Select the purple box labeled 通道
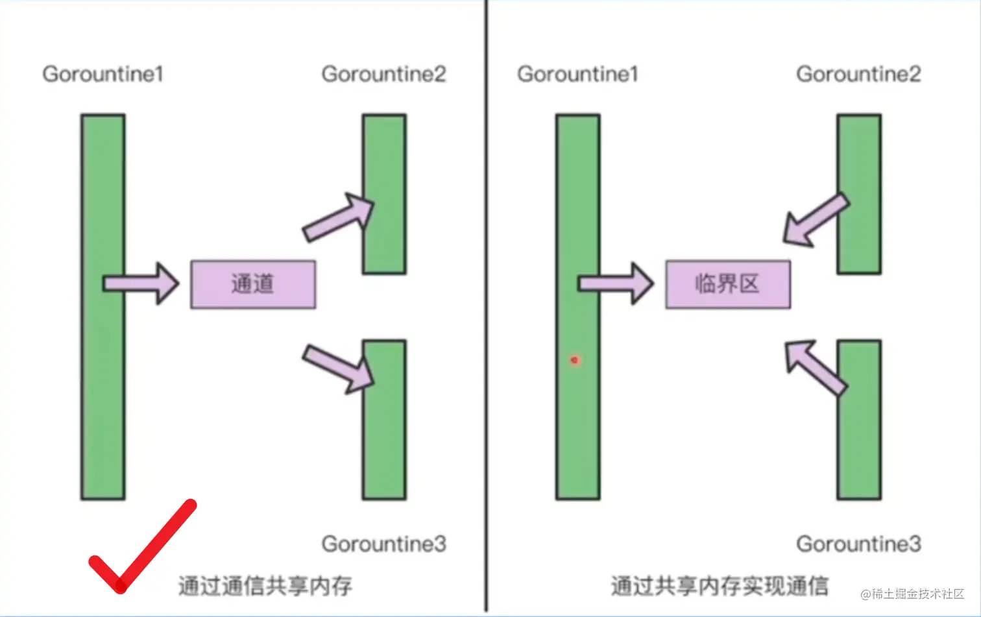(253, 284)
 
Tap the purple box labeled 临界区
(727, 284)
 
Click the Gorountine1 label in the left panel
(103, 74)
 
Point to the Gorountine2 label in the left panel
(383, 74)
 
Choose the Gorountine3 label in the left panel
(383, 544)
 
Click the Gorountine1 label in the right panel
(577, 74)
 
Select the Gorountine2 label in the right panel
(858, 74)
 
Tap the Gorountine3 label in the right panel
(858, 544)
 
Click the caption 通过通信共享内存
(265, 586)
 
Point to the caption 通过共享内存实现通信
(720, 586)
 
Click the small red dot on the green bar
(575, 359)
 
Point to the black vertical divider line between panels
(486, 305)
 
